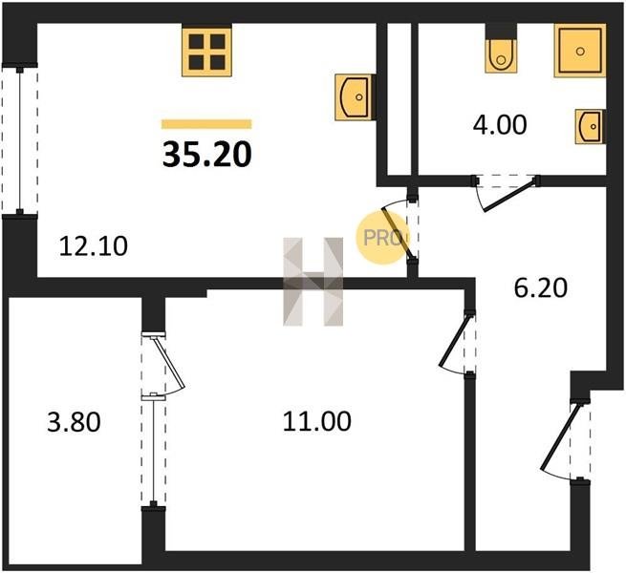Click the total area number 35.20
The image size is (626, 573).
click(206, 155)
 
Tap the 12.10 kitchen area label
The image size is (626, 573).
click(94, 245)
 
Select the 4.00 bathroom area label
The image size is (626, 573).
click(500, 125)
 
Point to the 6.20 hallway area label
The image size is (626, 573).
click(541, 288)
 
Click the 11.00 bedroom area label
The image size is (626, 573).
click(317, 421)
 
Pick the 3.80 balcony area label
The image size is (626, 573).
click(74, 422)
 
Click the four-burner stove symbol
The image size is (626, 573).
click(206, 51)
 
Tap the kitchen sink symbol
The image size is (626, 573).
click(355, 97)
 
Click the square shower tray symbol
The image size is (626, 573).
click(580, 51)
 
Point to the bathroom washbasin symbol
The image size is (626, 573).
click(590, 126)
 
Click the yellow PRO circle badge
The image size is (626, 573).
click(381, 238)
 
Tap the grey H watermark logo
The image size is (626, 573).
click(313, 282)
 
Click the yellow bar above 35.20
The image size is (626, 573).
click(206, 124)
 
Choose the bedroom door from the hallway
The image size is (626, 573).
click(458, 342)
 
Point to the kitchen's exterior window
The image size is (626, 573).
click(20, 139)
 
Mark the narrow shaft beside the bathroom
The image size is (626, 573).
click(399, 99)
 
